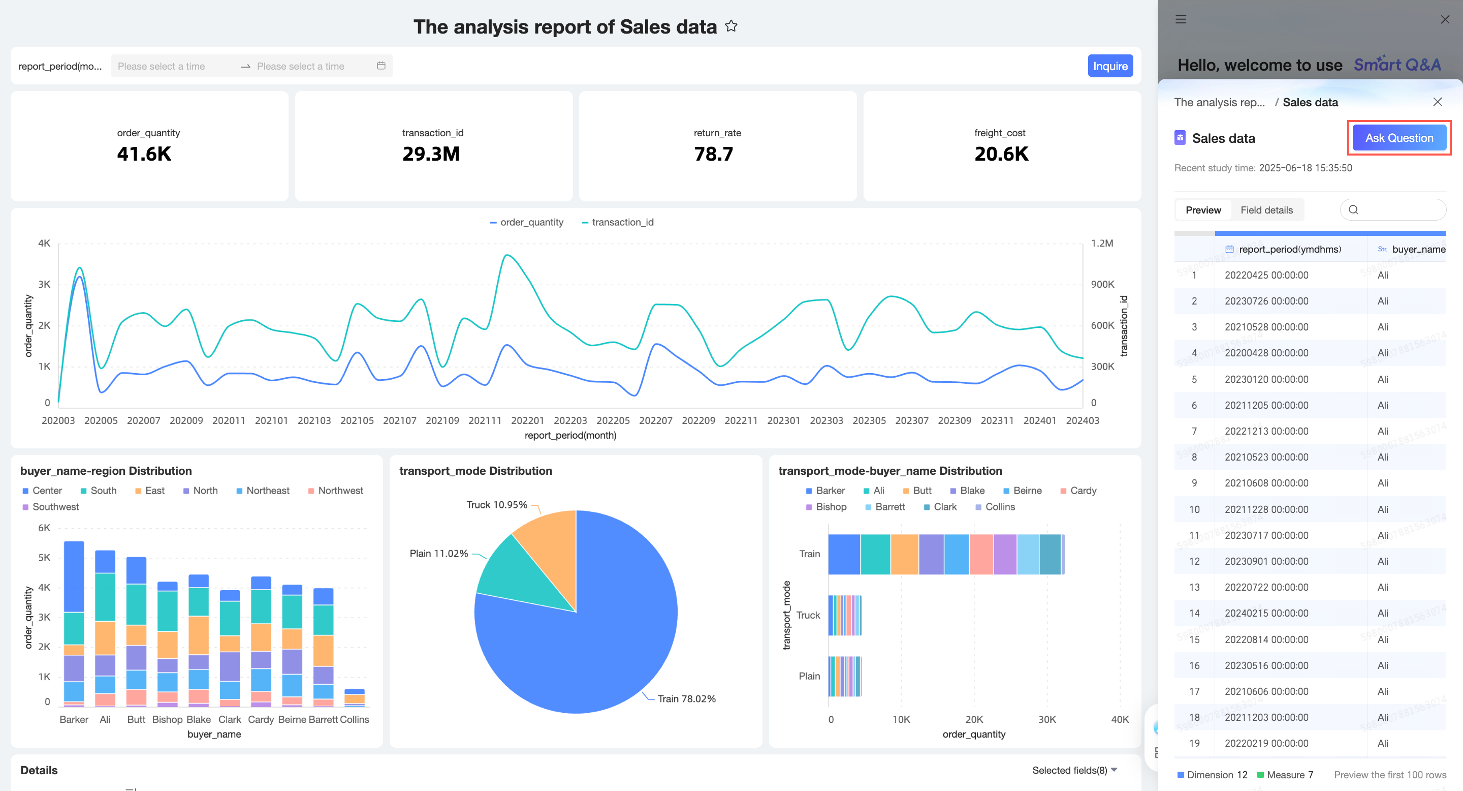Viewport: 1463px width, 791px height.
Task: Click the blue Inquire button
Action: click(1110, 66)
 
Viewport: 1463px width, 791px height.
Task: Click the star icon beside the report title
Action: click(731, 26)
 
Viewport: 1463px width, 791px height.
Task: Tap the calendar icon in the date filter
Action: click(381, 66)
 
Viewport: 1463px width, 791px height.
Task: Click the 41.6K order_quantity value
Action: click(144, 154)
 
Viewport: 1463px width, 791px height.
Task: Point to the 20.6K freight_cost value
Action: click(1001, 154)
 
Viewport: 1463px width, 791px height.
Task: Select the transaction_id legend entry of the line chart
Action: click(617, 222)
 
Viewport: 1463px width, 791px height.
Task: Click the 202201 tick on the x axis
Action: click(528, 420)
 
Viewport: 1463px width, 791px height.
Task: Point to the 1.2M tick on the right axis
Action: click(1102, 243)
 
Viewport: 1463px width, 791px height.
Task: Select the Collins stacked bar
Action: click(355, 698)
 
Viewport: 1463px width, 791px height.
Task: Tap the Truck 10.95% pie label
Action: click(497, 505)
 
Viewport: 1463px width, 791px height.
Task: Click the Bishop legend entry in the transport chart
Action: click(826, 507)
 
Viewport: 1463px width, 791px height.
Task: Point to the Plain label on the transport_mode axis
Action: click(809, 676)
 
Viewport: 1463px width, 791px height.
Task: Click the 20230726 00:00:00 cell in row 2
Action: click(1266, 301)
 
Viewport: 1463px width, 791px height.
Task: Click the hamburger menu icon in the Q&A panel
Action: click(1181, 19)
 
